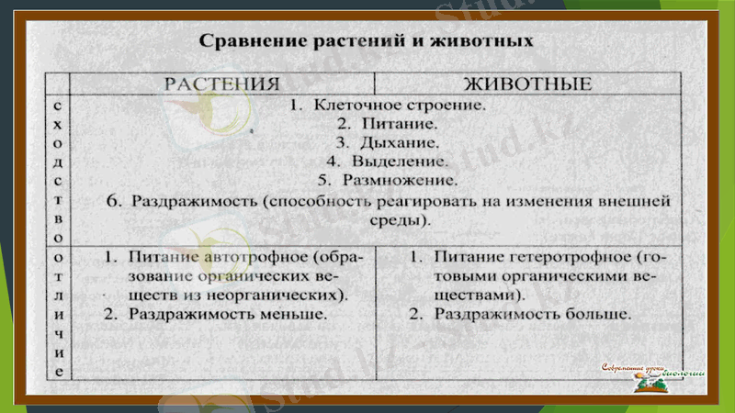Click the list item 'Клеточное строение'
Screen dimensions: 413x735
399,105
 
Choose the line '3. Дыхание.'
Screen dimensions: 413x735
387,142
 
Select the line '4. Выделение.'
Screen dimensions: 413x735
387,162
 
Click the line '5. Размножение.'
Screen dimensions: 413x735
387,180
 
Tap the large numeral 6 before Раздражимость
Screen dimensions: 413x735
114,199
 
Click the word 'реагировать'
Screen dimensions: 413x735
453,201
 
